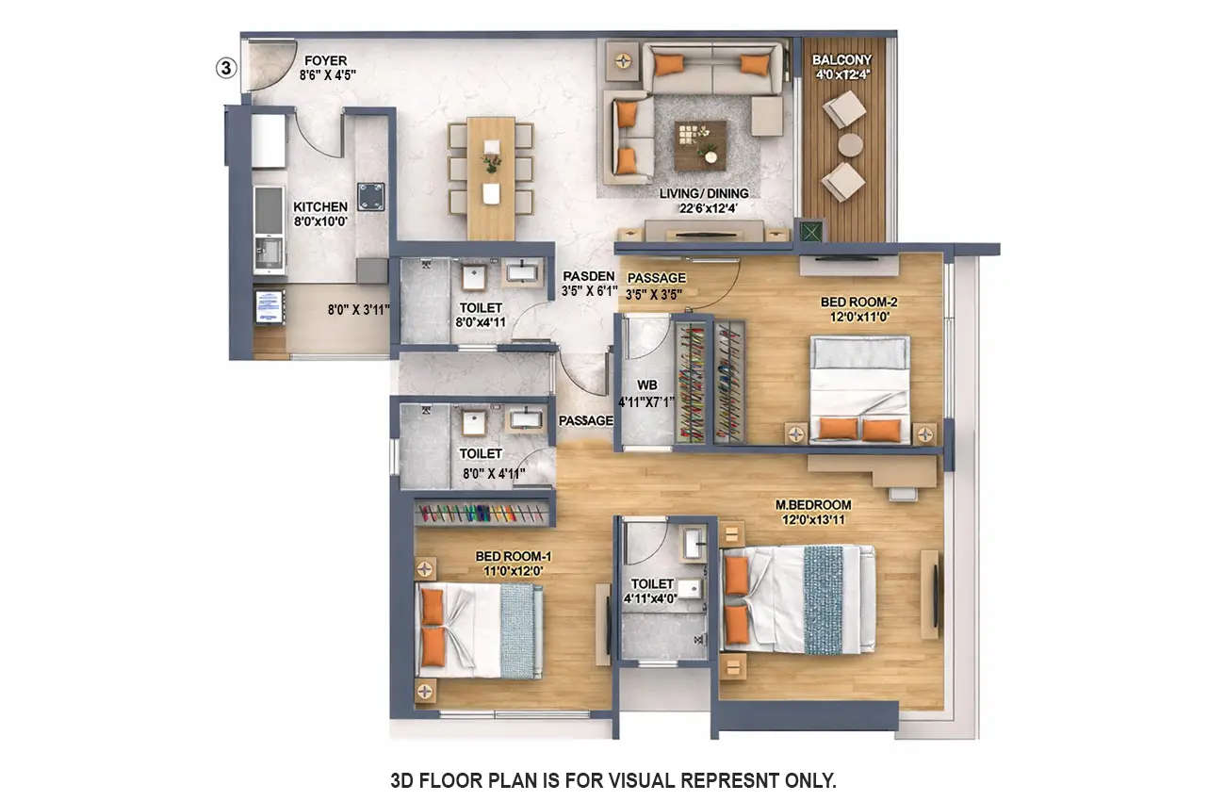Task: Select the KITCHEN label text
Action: (319, 206)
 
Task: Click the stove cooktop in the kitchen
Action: (371, 196)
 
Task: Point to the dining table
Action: (491, 178)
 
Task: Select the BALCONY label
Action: (841, 59)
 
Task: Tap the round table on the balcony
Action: (850, 144)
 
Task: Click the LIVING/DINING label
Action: (704, 193)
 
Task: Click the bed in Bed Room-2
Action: (859, 389)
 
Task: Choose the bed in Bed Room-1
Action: (480, 630)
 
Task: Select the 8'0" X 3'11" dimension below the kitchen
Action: (359, 308)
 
